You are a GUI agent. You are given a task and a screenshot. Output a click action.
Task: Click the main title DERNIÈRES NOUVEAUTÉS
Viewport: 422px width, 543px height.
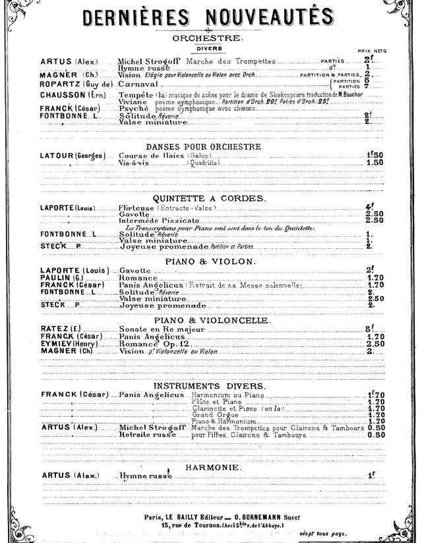click(x=211, y=15)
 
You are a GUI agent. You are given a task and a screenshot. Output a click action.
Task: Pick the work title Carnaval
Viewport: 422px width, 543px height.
click(x=137, y=85)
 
